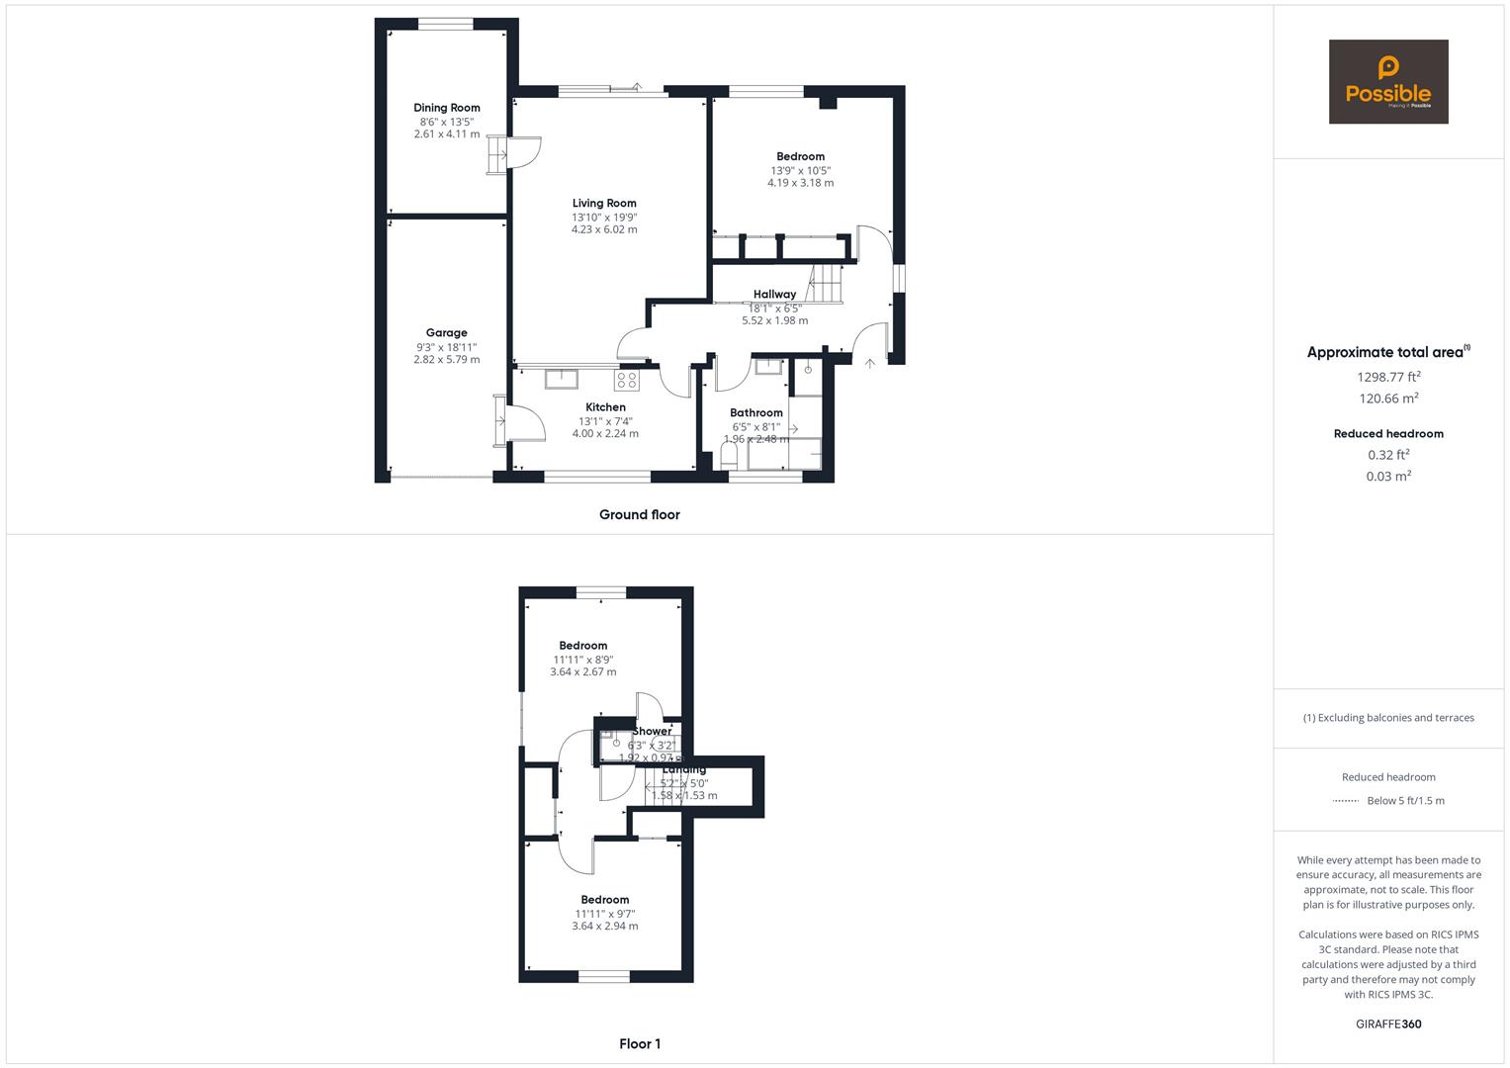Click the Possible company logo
pos(1387,82)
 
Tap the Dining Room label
pos(447,108)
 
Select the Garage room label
pos(447,333)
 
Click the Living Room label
pos(604,203)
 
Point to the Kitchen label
pos(605,407)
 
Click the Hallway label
pos(774,294)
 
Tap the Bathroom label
pos(756,412)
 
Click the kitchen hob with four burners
pos(627,379)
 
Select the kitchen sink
pos(562,377)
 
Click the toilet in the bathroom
pos(730,456)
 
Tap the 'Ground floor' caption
pos(639,514)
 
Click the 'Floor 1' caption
pos(640,1043)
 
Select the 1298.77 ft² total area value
pos(1388,377)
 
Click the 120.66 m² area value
pos(1388,399)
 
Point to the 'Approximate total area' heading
pos(1387,352)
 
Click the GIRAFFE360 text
pos(1388,1023)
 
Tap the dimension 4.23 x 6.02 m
pos(604,229)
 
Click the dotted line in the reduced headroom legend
pos(1345,801)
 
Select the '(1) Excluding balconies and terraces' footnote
pos(1388,718)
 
